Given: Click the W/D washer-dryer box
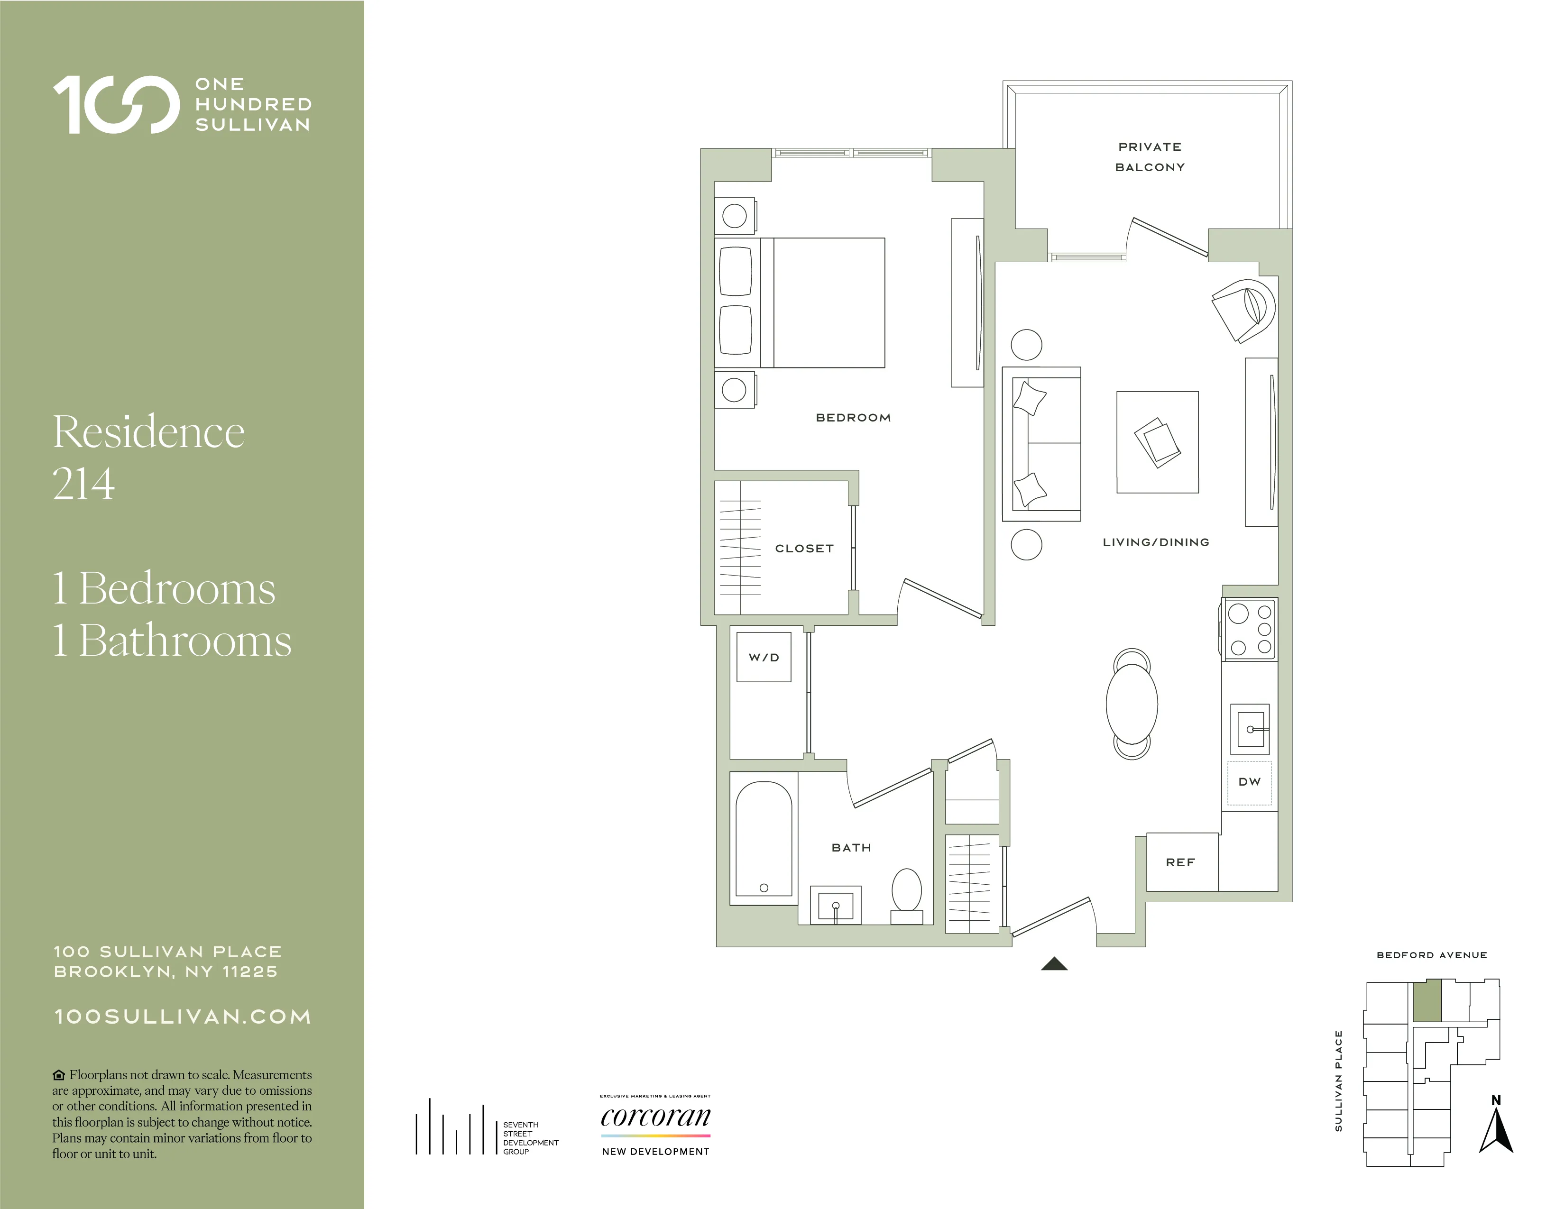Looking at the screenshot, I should click(764, 657).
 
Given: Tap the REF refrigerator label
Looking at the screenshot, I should click(1180, 862).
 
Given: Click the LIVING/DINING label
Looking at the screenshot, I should click(1155, 542).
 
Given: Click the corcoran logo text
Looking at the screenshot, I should click(655, 1117).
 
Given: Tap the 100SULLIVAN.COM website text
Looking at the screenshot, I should click(183, 1017).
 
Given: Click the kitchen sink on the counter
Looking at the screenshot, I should click(1249, 729).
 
